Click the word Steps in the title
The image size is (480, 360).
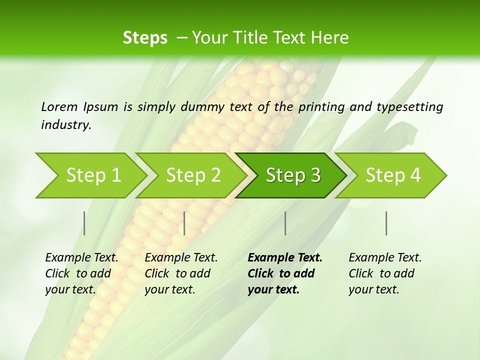click(145, 38)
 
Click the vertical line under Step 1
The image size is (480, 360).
click(84, 223)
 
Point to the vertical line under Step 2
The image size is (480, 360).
click(184, 223)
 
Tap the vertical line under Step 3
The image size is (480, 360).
click(285, 223)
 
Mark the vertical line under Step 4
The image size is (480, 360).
click(386, 223)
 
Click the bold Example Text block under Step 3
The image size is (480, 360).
click(285, 273)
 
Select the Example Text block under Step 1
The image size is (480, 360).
click(81, 273)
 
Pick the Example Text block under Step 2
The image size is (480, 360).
click(181, 273)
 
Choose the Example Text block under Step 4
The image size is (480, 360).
click(385, 273)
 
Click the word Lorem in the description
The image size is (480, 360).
click(59, 107)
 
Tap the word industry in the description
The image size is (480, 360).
click(66, 125)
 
